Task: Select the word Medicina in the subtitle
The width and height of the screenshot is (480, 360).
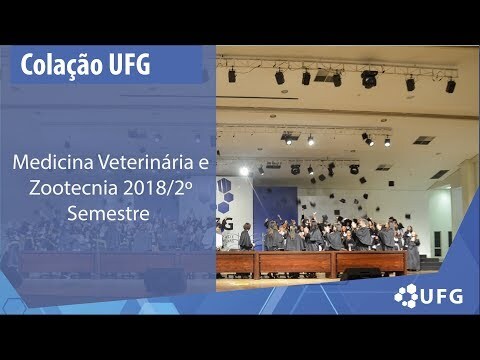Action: click(x=53, y=162)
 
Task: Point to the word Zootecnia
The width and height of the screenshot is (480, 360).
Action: click(x=73, y=188)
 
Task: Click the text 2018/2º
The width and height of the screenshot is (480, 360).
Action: click(x=158, y=188)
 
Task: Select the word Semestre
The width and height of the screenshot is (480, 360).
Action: click(x=108, y=213)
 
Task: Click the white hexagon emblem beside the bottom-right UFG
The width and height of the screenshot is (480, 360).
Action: click(x=406, y=295)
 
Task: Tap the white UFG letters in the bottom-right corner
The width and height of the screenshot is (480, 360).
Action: click(x=442, y=296)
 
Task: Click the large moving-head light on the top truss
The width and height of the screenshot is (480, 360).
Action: click(x=369, y=79)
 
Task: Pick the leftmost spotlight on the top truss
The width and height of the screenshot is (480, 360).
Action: click(x=232, y=75)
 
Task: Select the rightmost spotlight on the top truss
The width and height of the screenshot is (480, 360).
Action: click(x=451, y=86)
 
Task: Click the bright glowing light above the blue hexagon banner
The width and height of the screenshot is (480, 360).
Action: click(x=244, y=171)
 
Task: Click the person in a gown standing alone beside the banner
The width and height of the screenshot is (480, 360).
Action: click(x=246, y=236)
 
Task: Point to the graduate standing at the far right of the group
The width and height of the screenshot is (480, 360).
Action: click(x=413, y=253)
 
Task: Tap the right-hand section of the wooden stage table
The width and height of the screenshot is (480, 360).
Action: click(x=371, y=262)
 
